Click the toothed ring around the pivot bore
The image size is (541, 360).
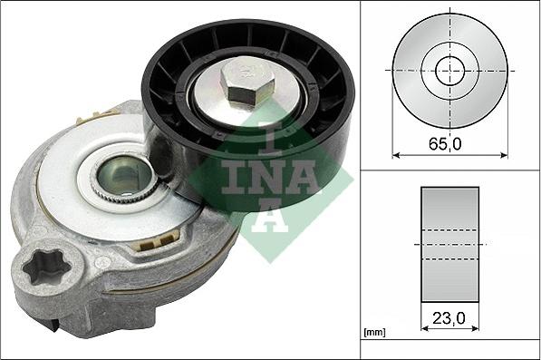pyautogui.click(x=101, y=181)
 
